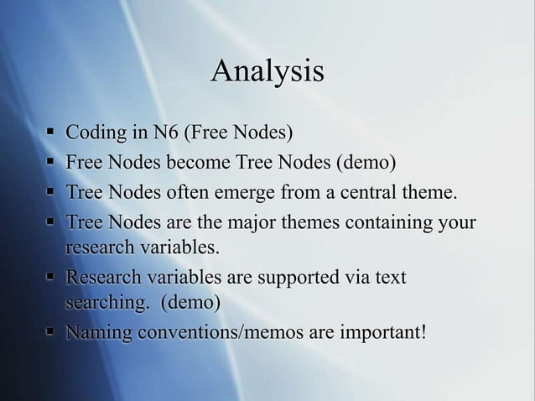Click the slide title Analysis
pyautogui.click(x=267, y=72)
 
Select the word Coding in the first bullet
pyautogui.click(x=92, y=133)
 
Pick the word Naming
pyautogui.click(x=99, y=333)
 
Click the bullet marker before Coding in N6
pyautogui.click(x=49, y=133)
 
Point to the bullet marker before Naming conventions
pyautogui.click(x=49, y=333)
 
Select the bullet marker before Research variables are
pyautogui.click(x=49, y=276)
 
